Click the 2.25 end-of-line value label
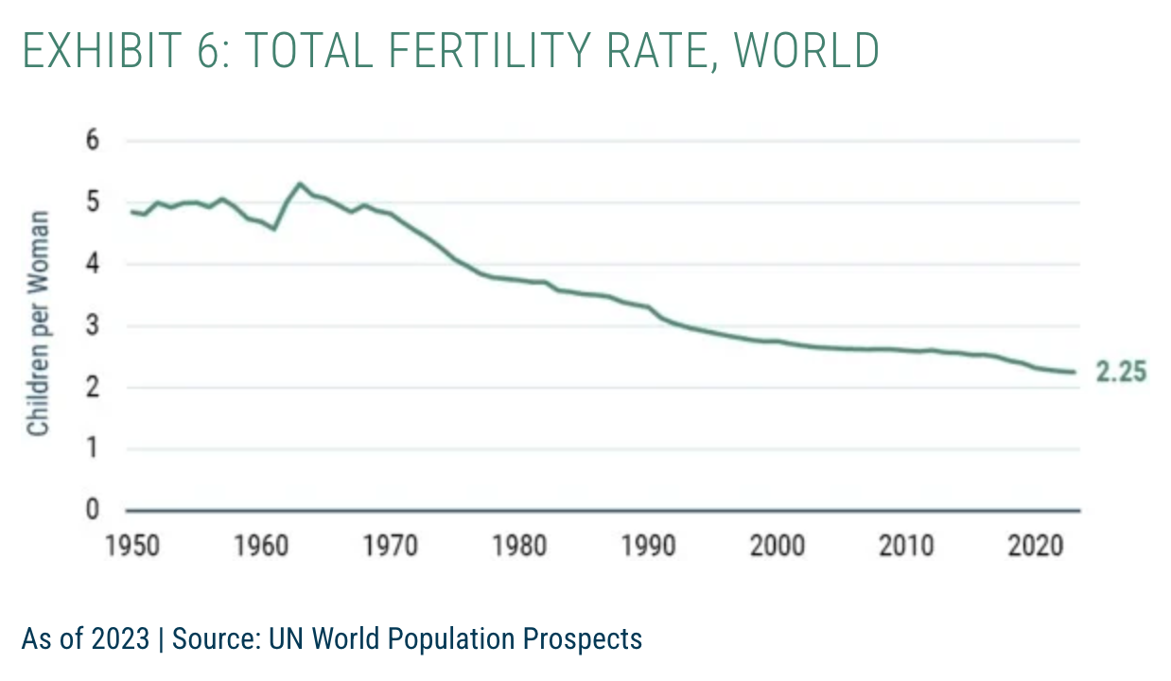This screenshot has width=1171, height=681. click(x=1121, y=373)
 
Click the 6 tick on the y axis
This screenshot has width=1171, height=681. click(x=92, y=141)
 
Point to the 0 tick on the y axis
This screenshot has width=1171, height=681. click(x=92, y=511)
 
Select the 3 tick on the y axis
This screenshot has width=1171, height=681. click(x=92, y=326)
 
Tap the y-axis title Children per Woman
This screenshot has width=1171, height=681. click(x=38, y=325)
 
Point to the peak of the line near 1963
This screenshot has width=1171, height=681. click(x=300, y=183)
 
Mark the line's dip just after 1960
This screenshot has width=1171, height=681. click(x=273, y=229)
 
